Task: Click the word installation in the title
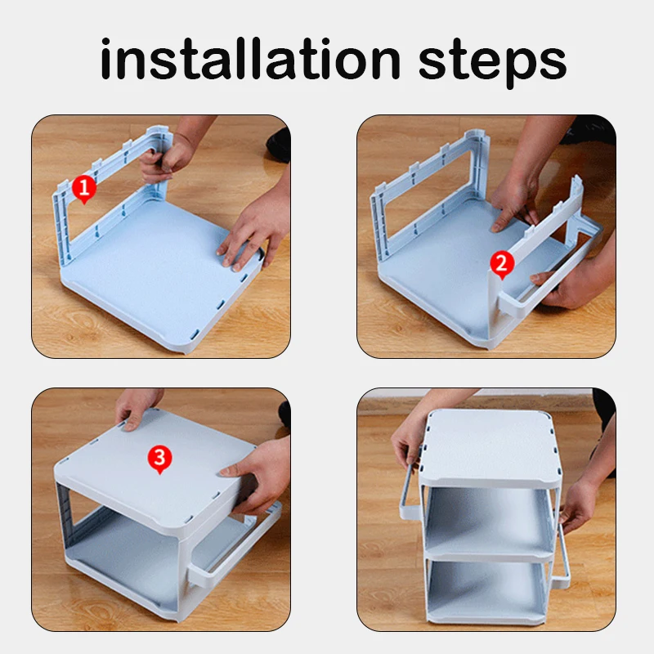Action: pos(250,58)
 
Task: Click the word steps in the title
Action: pos(492,63)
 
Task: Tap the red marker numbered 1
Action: pos(84,190)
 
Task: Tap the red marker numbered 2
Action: pos(502,265)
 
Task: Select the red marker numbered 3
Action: pos(159,459)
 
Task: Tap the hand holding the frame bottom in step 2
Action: pos(571,284)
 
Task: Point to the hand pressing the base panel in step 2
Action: pos(514,200)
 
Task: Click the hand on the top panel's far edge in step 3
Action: pos(134,409)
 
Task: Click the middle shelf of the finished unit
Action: pos(488,522)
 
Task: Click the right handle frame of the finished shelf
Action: pos(564,555)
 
